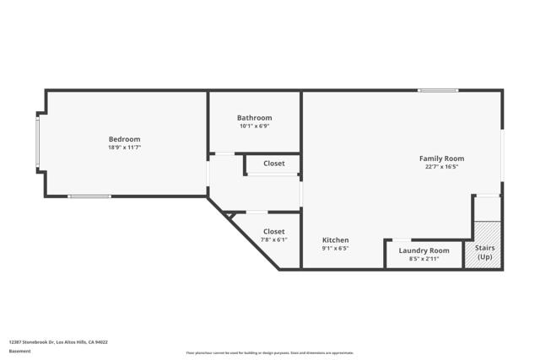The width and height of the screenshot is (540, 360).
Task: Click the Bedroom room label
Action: (124, 139)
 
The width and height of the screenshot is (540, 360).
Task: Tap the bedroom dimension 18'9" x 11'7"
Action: (124, 148)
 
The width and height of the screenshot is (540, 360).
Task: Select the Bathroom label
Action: (254, 118)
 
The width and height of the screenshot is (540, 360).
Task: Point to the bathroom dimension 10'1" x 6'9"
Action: (254, 126)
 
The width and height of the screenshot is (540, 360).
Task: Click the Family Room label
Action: (441, 159)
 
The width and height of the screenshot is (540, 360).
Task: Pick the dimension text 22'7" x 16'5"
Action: (441, 167)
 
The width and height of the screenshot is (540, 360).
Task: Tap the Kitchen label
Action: (335, 240)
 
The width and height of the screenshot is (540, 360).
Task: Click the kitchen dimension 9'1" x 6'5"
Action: (335, 249)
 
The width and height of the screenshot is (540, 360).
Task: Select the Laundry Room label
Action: (424, 250)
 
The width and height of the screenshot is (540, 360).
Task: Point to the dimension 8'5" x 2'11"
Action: (424, 259)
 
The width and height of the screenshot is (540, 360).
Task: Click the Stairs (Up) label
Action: (484, 252)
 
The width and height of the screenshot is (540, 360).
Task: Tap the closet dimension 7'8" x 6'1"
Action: (273, 239)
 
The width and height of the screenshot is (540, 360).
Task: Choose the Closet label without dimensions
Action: (273, 164)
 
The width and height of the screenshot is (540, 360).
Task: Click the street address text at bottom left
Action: (58, 342)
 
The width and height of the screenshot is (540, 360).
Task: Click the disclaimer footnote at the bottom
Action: (270, 353)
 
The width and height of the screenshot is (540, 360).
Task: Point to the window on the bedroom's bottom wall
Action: (89, 196)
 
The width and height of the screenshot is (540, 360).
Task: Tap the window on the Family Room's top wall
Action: (438, 90)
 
